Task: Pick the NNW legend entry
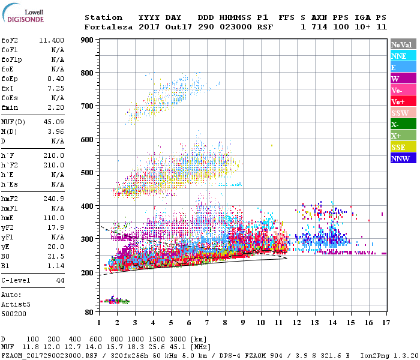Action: pos(400,158)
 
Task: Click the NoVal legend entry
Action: pos(401,44)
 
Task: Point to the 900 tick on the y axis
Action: pos(87,40)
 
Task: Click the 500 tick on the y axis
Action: pos(87,173)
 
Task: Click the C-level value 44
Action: pos(60,280)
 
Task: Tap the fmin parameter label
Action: pos(10,107)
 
